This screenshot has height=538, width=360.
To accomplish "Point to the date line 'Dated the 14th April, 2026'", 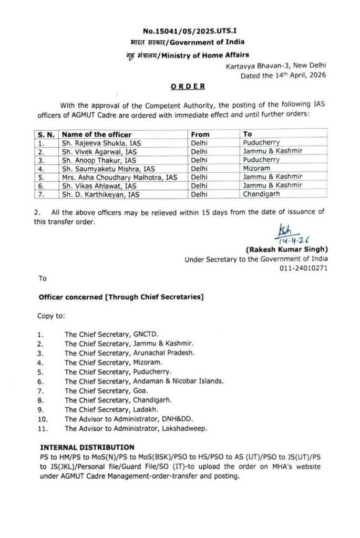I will tap(283, 75).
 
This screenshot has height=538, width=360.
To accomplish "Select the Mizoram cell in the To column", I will tap(257, 168).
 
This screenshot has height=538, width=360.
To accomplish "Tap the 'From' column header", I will tap(200, 134).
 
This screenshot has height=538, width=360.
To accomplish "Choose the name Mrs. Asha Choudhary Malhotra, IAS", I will tap(120, 177).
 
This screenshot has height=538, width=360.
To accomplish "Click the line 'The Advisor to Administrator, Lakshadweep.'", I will tap(136, 428).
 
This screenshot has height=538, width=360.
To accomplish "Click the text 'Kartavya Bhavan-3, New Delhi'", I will tap(275, 66).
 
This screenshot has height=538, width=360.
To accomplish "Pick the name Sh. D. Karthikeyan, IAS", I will tap(104, 194).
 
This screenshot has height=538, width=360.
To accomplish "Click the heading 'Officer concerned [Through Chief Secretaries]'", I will tap(121, 297).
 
